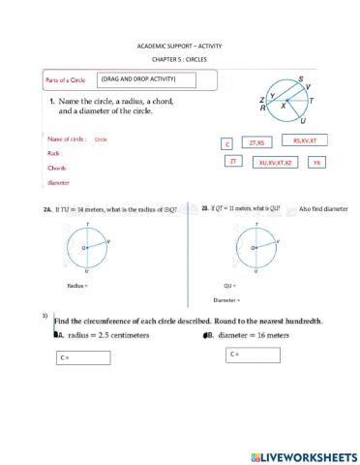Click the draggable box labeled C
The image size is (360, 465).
228,144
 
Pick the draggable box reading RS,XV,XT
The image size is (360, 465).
304,141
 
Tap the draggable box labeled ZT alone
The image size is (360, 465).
233,162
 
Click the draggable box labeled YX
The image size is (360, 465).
316,163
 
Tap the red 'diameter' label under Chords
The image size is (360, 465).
59,181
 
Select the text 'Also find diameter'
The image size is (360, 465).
322,209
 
